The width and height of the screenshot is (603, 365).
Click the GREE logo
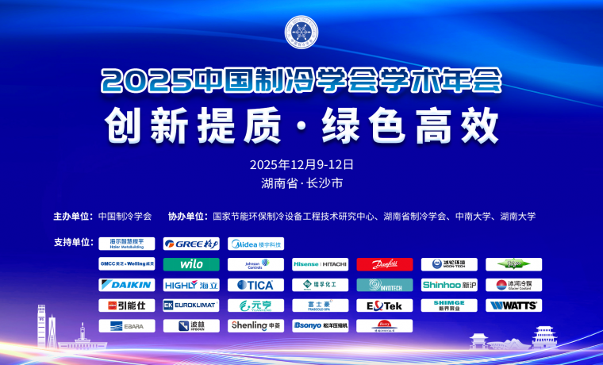pos(191,244)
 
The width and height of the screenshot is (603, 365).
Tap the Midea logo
pos(255,244)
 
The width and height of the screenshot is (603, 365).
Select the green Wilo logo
pos(191,264)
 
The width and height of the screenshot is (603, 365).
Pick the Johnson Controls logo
pos(255,264)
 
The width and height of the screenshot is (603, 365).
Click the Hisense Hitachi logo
pos(320,264)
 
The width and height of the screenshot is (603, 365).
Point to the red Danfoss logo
pos(385,264)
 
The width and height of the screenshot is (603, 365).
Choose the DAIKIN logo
pos(127,285)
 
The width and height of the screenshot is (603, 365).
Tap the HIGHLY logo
pos(191,285)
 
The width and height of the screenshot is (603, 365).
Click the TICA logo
pos(255,285)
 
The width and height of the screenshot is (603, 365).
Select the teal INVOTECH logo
pos(385,285)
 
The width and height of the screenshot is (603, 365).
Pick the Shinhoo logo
pos(449,285)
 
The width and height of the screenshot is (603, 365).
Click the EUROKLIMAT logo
pos(191,305)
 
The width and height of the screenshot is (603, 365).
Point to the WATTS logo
pos(513,305)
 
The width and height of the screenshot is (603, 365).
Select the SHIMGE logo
pos(449,305)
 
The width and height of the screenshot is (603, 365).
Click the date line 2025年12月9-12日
pos(301,165)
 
